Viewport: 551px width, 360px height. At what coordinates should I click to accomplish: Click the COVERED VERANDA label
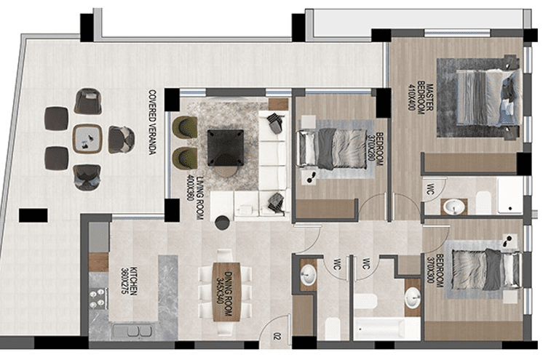[x=152, y=122]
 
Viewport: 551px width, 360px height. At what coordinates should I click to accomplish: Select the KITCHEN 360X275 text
[x=129, y=281]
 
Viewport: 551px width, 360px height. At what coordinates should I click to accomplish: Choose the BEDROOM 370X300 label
[x=435, y=271]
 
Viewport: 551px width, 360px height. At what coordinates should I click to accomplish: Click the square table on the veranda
[x=87, y=138]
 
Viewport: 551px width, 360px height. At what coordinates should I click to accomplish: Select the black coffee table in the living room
[x=226, y=148]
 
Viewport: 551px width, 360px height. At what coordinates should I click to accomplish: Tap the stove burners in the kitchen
[x=98, y=298]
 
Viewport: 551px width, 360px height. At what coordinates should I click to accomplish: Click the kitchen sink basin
[x=133, y=331]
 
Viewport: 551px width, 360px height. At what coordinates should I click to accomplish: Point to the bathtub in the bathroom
[x=387, y=329]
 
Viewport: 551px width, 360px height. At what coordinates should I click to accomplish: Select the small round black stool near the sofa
[x=223, y=223]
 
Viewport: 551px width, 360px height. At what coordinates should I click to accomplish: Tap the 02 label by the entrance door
[x=277, y=337]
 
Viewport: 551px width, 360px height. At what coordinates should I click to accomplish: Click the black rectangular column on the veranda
[x=33, y=215]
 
